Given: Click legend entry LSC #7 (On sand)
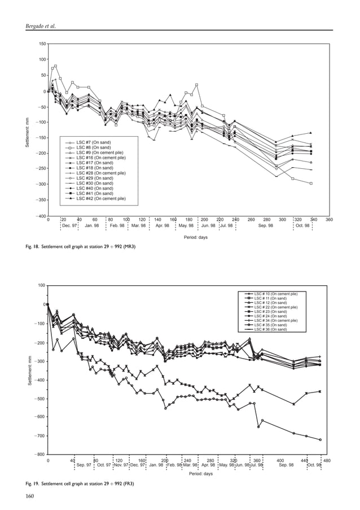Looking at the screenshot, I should point(94,142).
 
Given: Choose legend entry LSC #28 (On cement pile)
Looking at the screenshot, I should point(100,173).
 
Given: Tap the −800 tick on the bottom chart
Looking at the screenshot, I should point(39,454).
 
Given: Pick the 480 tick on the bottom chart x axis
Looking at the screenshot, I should point(327,460).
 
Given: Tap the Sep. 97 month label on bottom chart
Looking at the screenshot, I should point(84,465).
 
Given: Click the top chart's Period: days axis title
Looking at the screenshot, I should point(195,237).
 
